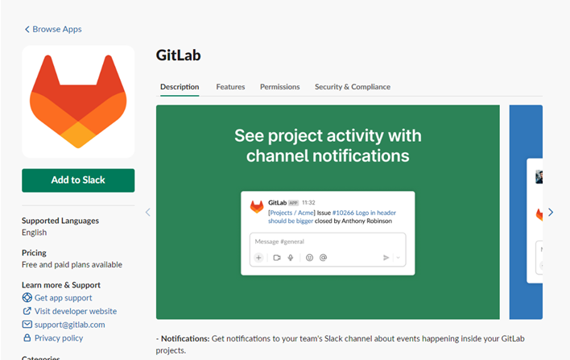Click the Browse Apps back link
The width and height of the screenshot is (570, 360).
[x=53, y=29]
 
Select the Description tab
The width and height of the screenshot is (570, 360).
[x=179, y=87]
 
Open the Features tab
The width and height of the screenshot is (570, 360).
[x=229, y=87]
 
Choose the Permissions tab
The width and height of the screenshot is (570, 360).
[x=279, y=87]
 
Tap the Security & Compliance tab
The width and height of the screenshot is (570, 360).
[x=352, y=87]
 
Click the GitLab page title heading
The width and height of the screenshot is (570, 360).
[x=178, y=56]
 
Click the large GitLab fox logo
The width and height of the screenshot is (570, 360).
[x=78, y=101]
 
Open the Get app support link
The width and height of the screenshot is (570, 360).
[x=63, y=298]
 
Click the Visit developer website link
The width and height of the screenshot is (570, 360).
[x=75, y=311]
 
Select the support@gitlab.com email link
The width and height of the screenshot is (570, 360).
[x=69, y=325]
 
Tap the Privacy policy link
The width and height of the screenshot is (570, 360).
[x=58, y=338]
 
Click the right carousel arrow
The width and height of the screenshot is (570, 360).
[x=551, y=213]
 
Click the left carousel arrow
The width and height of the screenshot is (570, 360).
[x=147, y=213]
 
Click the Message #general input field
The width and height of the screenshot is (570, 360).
[x=327, y=242]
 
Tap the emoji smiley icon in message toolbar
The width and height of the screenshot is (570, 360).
[x=308, y=258]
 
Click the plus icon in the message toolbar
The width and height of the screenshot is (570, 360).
[x=258, y=258]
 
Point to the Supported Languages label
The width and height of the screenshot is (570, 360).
[x=60, y=221]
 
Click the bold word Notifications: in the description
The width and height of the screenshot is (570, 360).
[x=184, y=339]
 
